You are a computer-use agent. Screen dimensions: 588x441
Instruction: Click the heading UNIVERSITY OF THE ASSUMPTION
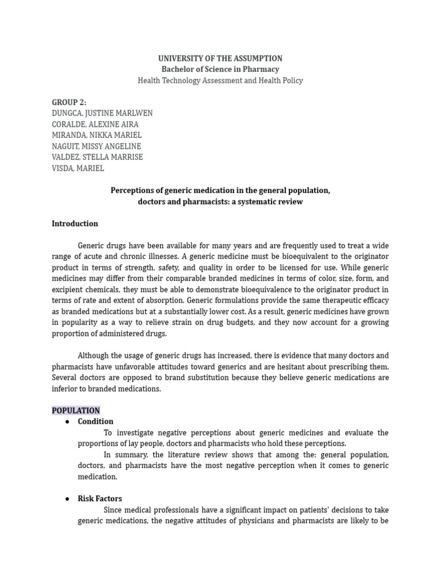tap(220, 59)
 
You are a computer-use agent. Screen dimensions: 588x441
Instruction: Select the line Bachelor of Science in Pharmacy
tap(220, 69)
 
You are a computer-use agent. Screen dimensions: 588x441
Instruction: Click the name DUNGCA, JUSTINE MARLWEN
tap(102, 113)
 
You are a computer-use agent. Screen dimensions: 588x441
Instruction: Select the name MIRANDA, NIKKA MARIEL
tap(96, 135)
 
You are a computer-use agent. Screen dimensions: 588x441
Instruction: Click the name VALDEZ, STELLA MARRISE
tap(97, 157)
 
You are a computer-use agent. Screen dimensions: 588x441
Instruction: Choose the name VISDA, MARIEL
tap(78, 168)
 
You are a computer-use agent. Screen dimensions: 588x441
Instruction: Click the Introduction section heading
tap(75, 224)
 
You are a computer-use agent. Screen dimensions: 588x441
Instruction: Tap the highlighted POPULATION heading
tap(76, 411)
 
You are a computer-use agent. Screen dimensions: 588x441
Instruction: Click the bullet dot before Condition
tap(67, 422)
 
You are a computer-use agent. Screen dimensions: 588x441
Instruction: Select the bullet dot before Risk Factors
tap(67, 499)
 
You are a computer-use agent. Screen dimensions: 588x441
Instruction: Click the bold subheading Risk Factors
tap(100, 499)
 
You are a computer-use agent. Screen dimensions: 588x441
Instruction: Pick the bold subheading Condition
tap(95, 421)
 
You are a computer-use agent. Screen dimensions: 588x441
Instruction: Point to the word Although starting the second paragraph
tap(95, 355)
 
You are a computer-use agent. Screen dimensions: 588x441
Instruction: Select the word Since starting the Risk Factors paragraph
tap(114, 510)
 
